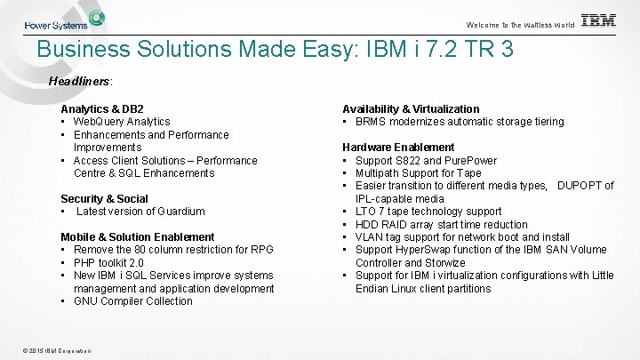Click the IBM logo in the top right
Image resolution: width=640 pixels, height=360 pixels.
tap(598, 21)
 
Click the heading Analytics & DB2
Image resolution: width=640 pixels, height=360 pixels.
tap(102, 108)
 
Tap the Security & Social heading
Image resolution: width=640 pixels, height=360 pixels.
tap(104, 198)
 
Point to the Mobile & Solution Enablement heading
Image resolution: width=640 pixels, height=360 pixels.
tap(137, 236)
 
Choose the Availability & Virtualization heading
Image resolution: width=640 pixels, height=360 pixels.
tap(411, 108)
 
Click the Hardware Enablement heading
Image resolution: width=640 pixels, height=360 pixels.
tap(398, 147)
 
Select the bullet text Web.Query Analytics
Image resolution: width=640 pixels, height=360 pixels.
tap(122, 122)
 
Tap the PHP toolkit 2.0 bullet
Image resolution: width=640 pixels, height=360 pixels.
tap(113, 262)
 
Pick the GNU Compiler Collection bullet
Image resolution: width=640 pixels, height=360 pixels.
tap(132, 301)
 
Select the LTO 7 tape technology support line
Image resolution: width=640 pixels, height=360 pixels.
tap(428, 212)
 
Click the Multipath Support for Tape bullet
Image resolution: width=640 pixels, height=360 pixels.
tap(418, 173)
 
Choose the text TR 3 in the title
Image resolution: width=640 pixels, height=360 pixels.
tap(495, 49)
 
